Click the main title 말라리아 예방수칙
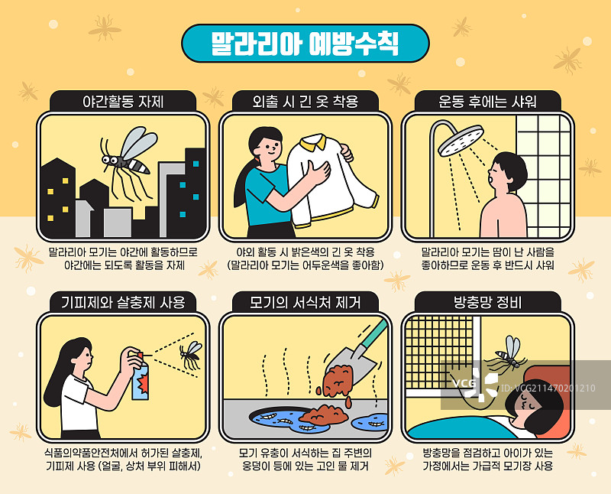click(x=305, y=41)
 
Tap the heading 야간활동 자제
click(x=123, y=101)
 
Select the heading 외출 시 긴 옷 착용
click(x=305, y=101)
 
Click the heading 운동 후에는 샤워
click(x=487, y=101)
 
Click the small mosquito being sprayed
click(x=189, y=354)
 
